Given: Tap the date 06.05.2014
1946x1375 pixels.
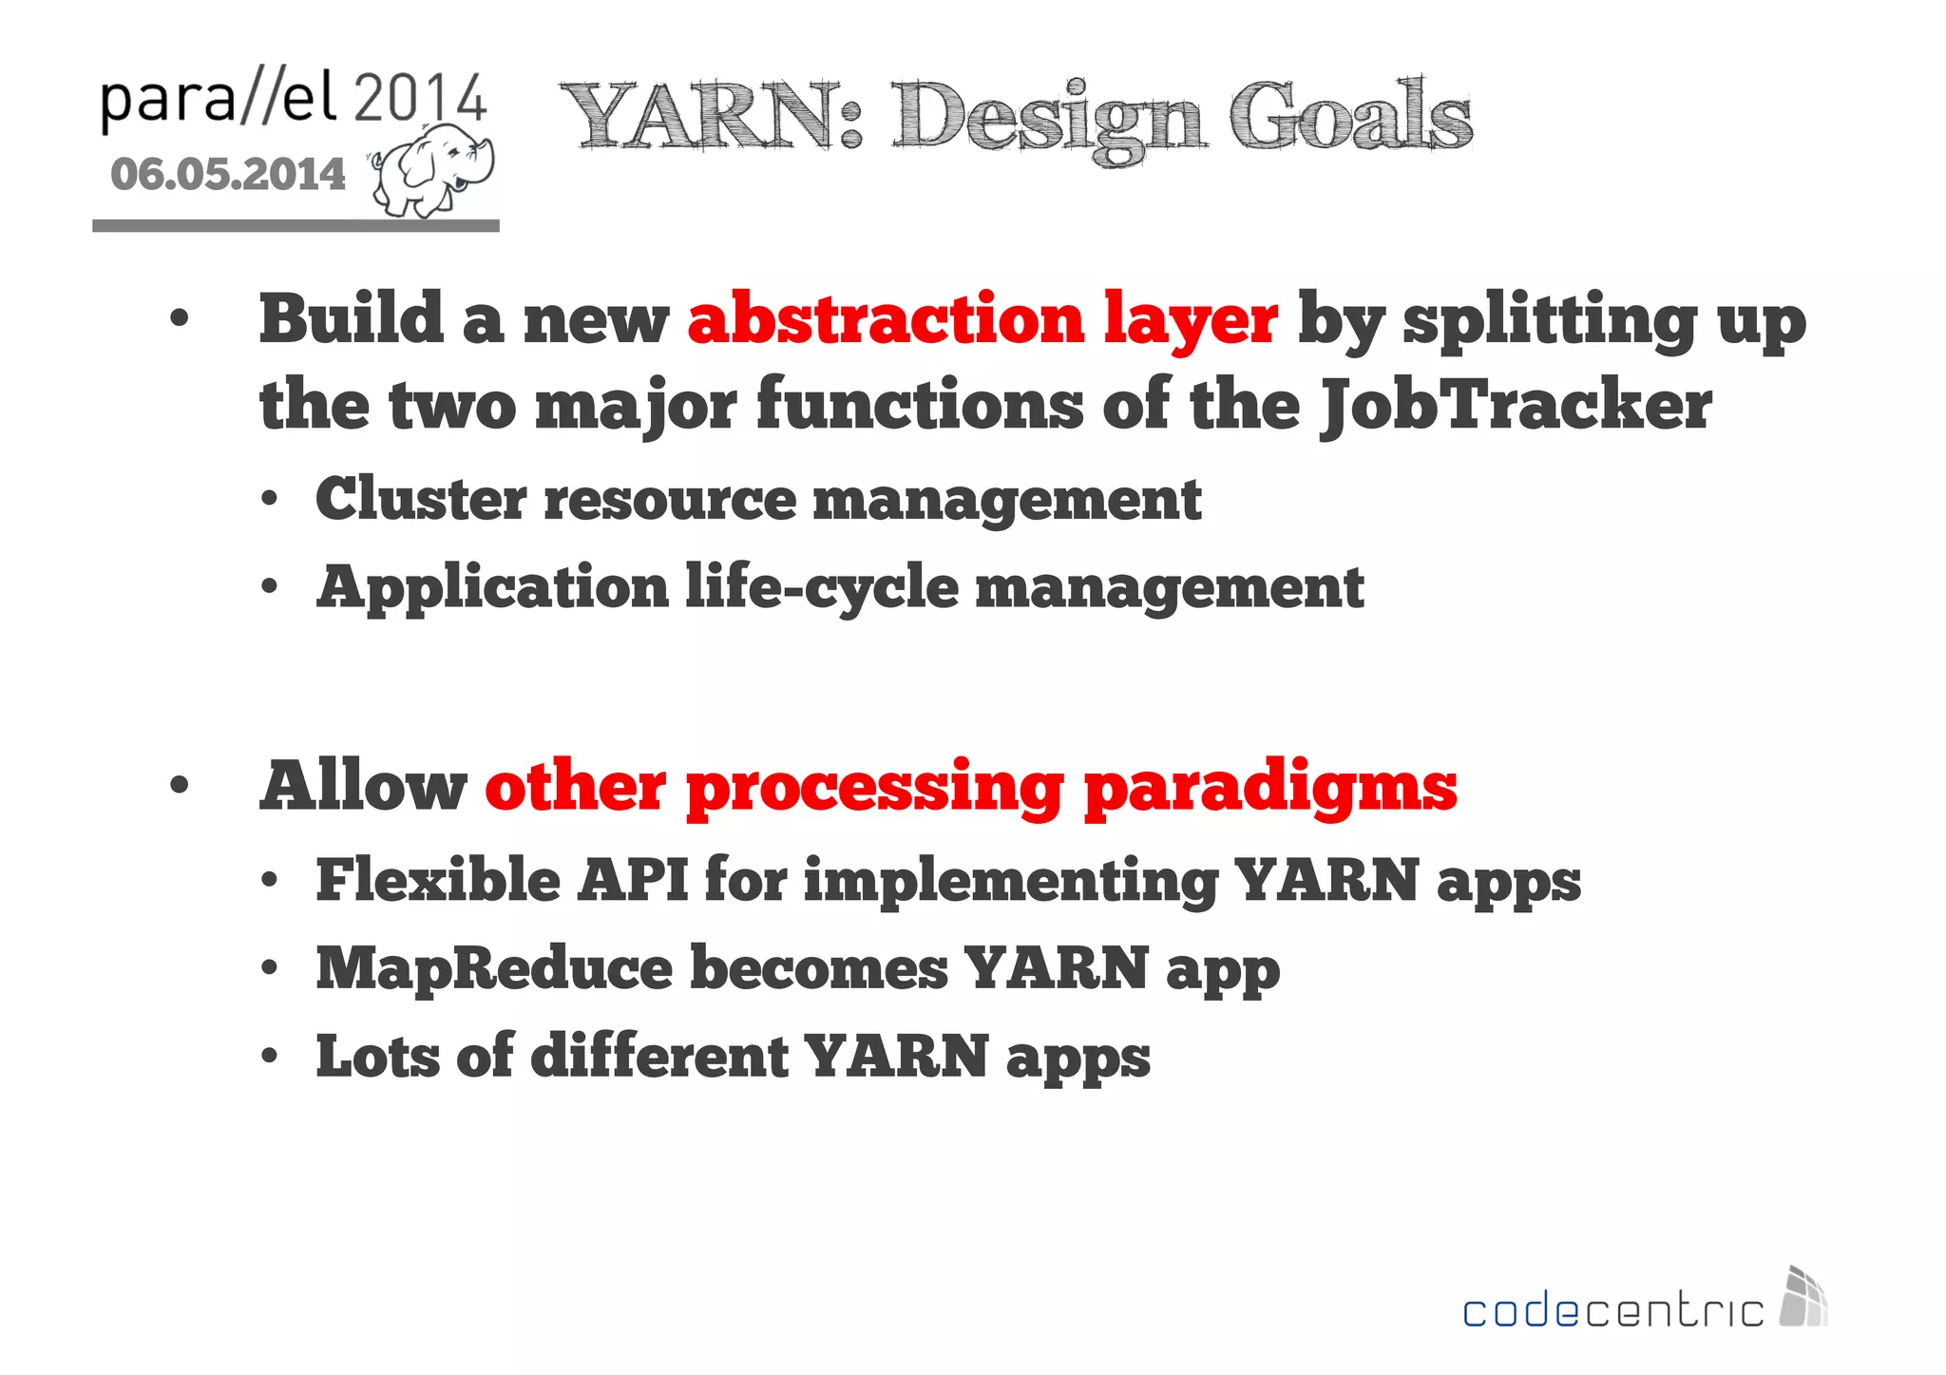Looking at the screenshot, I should (228, 175).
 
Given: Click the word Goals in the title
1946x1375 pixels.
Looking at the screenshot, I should (1349, 117).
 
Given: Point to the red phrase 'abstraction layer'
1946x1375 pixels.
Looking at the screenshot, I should (983, 319).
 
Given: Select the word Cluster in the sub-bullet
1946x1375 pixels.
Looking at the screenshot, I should (421, 499).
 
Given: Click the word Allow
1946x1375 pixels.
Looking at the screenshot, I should (363, 787).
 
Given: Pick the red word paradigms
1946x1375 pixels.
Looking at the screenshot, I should (1269, 789).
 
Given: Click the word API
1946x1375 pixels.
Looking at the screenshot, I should (633, 879).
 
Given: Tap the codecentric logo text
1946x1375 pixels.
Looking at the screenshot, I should (1612, 1311).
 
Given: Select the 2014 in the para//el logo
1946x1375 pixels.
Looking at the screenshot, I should (420, 99).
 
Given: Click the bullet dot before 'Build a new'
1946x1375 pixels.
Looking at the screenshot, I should (180, 319).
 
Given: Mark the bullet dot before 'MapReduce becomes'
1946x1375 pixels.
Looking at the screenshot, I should (270, 968).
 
